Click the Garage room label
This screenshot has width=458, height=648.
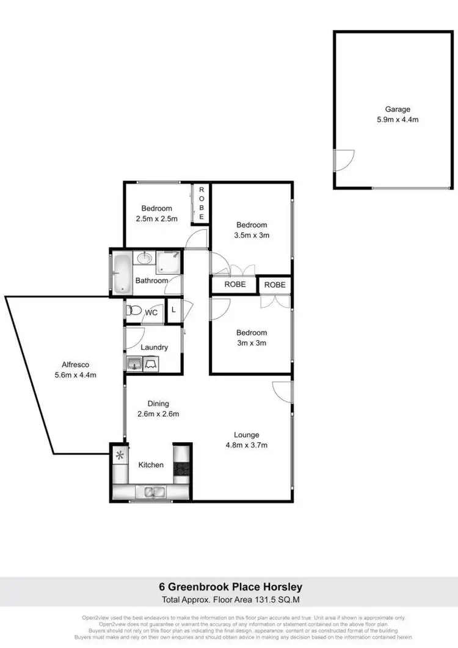pos(397,109)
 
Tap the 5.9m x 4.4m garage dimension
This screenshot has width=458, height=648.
pos(397,120)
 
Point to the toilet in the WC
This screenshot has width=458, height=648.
pos(133,311)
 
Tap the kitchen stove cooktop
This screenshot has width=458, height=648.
pos(182,469)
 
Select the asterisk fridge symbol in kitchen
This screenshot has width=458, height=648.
pos(120,455)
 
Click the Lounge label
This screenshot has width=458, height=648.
pos(246,435)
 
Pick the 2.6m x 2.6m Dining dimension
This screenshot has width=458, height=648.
pos(158,413)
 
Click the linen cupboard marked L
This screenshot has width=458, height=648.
pos(173,310)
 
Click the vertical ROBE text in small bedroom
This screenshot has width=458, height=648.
pos(201,204)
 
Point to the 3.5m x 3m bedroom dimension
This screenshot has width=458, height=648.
pos(252,235)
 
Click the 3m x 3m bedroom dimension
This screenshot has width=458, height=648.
pos(252,343)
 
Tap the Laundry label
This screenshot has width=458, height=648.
pos(154,348)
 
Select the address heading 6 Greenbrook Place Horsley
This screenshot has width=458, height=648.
pos(228,587)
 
